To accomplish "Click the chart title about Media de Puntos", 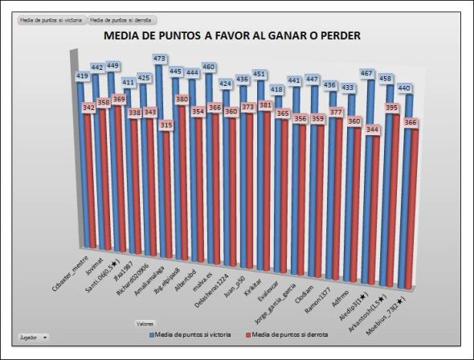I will [232, 35].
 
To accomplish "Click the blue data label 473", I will [159, 59].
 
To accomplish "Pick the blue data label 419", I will [83, 76].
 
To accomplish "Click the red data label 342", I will [89, 107].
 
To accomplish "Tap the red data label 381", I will [267, 104].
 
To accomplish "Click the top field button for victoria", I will [51, 19].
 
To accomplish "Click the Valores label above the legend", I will [145, 323].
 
